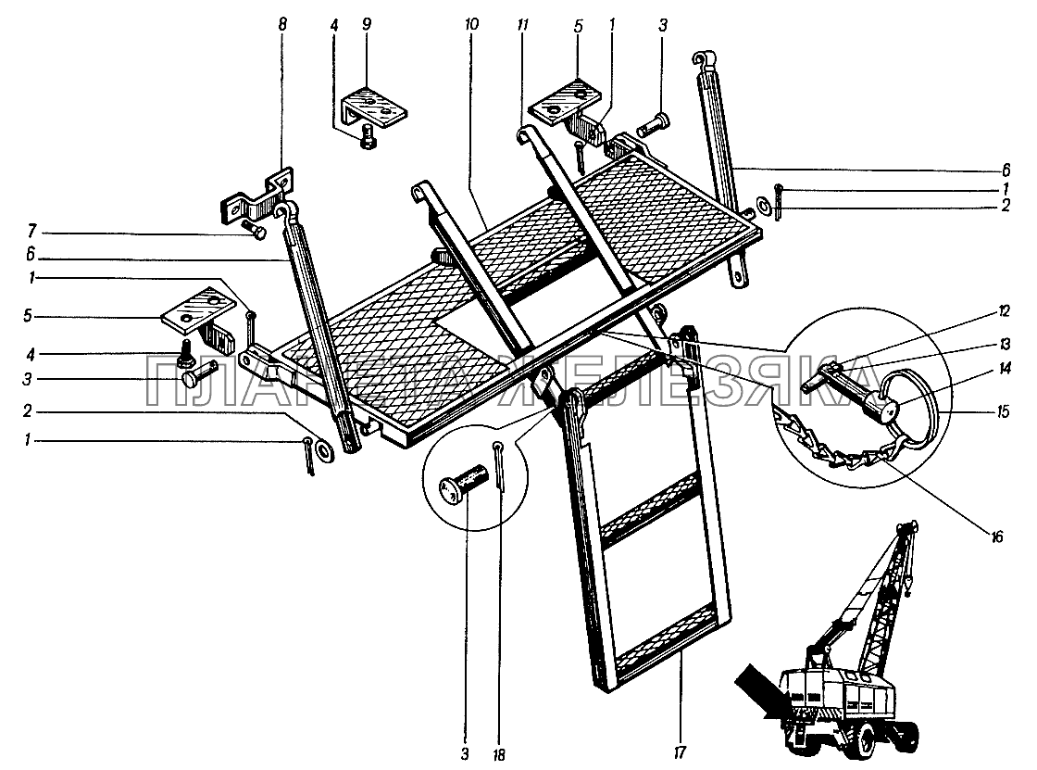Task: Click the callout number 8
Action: coord(283,25)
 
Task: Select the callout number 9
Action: coord(367,25)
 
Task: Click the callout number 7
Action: coord(32,232)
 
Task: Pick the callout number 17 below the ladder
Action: coord(679,752)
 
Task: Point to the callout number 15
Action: coord(1004,411)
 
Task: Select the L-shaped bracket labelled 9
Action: coord(375,106)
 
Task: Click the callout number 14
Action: coord(1005,368)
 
